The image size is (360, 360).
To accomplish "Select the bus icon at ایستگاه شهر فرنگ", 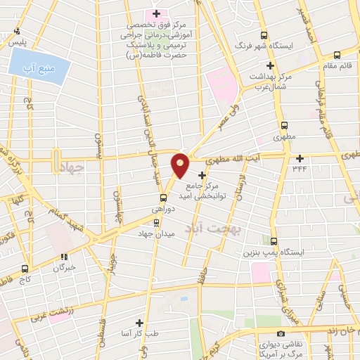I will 264,35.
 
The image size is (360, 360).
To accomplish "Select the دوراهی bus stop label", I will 160,210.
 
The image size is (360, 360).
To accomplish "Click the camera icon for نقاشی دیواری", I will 281,333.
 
